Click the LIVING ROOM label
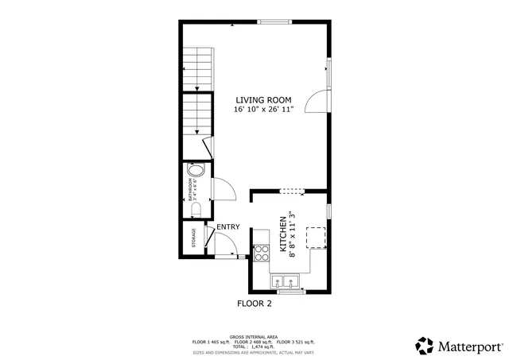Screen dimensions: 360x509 point(264,99)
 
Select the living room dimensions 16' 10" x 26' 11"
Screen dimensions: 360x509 point(264,110)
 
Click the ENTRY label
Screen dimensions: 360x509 point(227,227)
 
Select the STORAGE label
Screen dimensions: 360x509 point(193,238)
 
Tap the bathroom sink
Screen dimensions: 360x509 point(196,171)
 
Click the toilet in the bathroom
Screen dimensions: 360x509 point(196,208)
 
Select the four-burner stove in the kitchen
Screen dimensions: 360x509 point(261,253)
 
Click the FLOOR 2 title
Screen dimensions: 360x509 point(254,304)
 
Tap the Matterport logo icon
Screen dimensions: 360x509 point(424,346)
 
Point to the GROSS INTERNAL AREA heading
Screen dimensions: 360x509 point(254,336)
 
